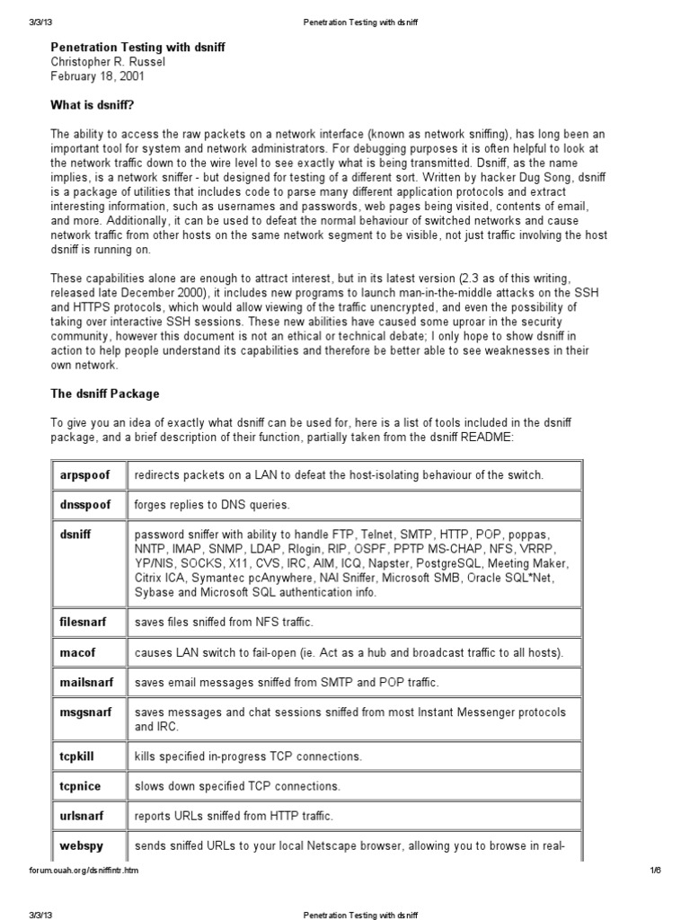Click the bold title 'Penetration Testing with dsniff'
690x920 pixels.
tap(137, 47)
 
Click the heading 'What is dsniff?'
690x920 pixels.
tap(92, 105)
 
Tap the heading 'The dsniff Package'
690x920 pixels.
tap(104, 394)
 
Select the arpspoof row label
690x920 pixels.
tap(79, 474)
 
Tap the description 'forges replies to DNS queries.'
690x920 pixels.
tap(212, 505)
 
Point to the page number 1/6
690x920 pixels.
tap(654, 871)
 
